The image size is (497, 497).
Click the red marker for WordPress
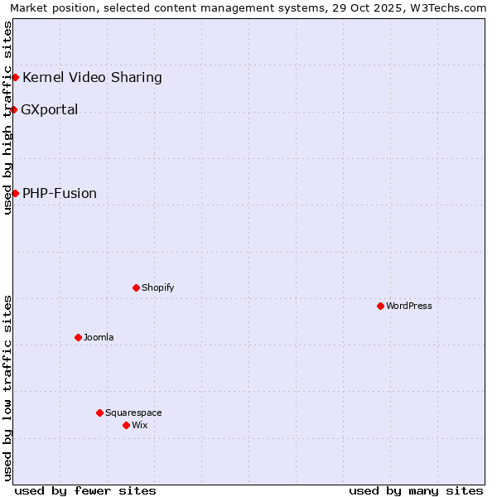point(380,306)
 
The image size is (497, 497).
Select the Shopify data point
point(136,287)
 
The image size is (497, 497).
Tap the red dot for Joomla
point(78,337)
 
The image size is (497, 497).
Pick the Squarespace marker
point(99,413)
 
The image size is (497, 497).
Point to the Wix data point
point(126,425)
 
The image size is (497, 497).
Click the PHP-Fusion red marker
point(15,193)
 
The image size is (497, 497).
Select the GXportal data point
point(14,109)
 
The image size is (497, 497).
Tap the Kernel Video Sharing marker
point(15,77)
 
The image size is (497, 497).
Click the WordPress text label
point(409,306)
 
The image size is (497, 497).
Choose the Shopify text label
point(157,287)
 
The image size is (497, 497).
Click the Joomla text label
point(99,337)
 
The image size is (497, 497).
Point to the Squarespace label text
point(133,413)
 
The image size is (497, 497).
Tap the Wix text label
point(139,425)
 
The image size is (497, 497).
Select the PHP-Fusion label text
point(60,193)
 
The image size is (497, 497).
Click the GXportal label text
point(50,109)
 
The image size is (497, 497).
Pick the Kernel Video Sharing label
point(92,78)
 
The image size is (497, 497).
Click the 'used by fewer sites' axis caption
point(85,490)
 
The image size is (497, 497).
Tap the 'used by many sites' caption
point(416,490)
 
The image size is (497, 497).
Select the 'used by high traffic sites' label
point(8,118)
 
